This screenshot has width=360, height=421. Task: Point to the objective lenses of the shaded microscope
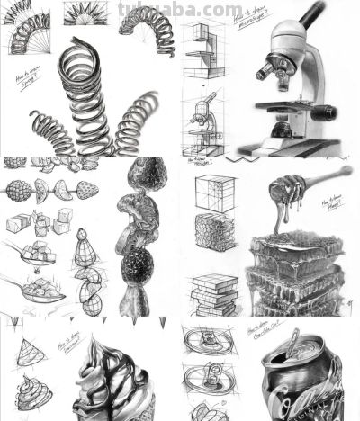click(275, 72)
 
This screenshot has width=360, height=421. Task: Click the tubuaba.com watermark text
click(181, 9)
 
